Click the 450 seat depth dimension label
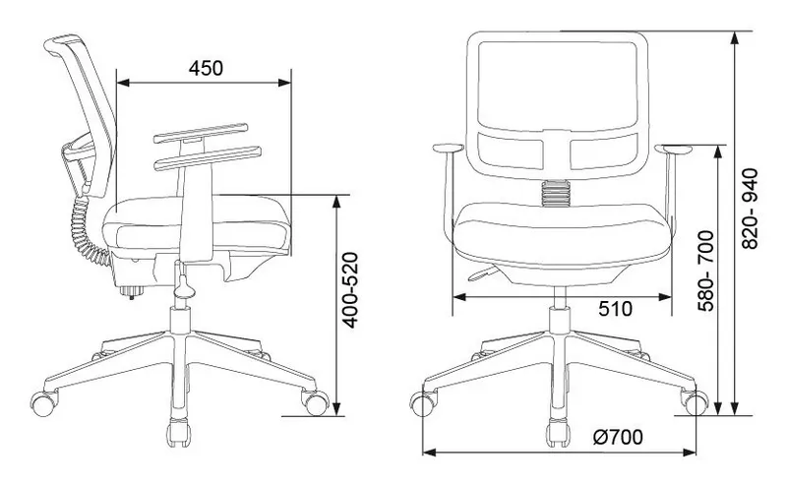click(x=206, y=68)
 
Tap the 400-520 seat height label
click(x=350, y=289)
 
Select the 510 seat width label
click(x=616, y=309)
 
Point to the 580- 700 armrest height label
click(x=705, y=272)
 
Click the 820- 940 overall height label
click(x=750, y=209)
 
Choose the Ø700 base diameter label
click(x=618, y=438)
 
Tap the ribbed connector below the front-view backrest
click(x=556, y=194)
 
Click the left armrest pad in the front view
click(x=449, y=149)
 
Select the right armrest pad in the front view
click(x=673, y=149)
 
